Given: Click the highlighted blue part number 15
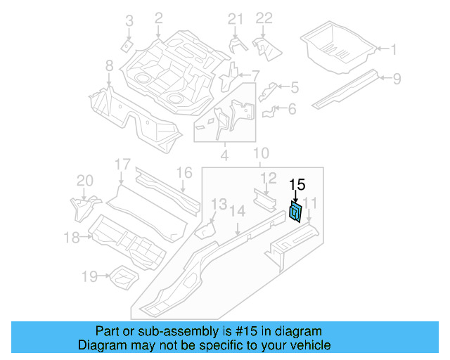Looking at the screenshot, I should click(x=297, y=211).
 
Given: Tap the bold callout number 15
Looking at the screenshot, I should click(x=297, y=185).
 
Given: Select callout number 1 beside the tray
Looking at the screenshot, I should click(x=394, y=49).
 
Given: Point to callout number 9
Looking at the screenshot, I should click(x=397, y=79).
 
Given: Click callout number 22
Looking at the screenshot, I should click(x=263, y=19).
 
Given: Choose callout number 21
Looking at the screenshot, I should click(x=235, y=19).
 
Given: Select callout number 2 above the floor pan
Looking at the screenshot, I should click(x=158, y=18).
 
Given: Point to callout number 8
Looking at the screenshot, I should click(x=109, y=66).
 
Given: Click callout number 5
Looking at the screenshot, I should click(x=294, y=87).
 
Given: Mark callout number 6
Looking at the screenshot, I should click(x=292, y=108).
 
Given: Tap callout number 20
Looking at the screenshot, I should click(x=84, y=181).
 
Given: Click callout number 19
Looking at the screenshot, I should click(x=89, y=277).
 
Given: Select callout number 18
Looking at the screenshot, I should click(x=72, y=238).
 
